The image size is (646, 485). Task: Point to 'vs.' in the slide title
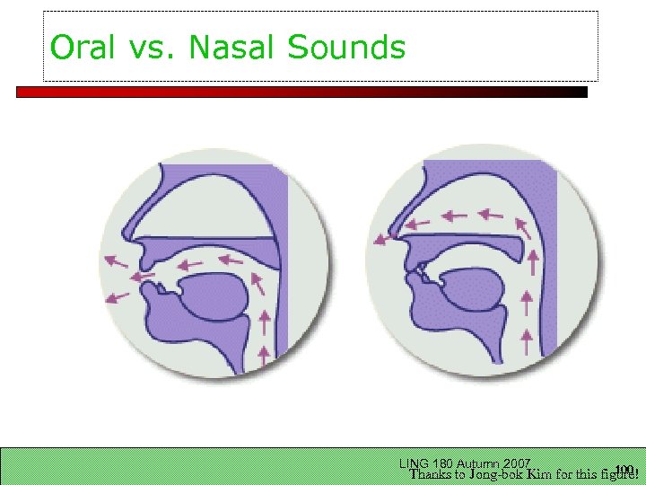(153, 48)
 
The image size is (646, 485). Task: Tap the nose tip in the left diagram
(128, 242)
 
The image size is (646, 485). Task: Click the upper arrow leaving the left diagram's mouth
(115, 261)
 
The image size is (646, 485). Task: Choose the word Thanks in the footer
(432, 473)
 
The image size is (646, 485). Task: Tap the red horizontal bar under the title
(301, 92)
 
